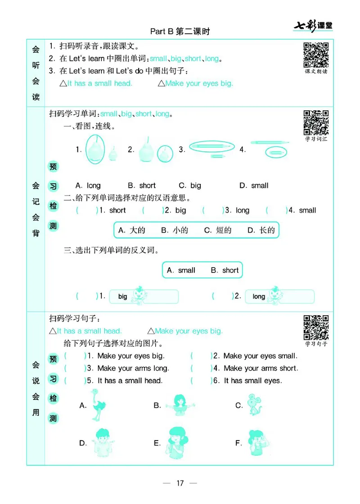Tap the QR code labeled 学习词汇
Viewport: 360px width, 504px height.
(316, 123)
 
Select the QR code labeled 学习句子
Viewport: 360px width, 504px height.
(316, 327)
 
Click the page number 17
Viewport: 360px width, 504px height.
(180, 483)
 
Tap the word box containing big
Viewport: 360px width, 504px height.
(144, 296)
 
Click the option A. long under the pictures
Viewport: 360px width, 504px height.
(88, 186)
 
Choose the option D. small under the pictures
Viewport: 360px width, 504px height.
(254, 186)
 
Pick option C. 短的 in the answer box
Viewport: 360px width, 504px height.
(218, 230)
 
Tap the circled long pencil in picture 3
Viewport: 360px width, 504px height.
(212, 146)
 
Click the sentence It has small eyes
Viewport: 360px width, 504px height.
(252, 381)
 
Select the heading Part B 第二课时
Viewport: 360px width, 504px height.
(180, 32)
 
